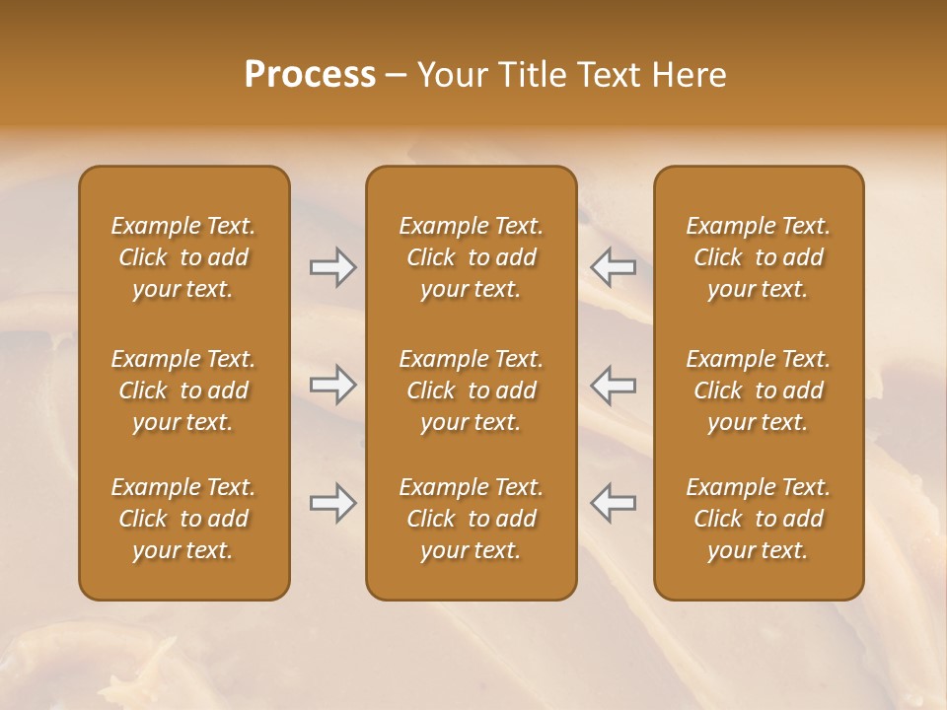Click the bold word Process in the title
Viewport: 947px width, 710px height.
point(310,75)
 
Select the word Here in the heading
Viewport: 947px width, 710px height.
point(691,75)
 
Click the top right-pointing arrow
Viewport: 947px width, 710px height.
point(333,267)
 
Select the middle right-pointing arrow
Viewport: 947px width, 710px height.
point(333,385)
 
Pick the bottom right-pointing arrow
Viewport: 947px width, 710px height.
point(333,503)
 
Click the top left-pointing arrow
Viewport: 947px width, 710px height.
point(613,267)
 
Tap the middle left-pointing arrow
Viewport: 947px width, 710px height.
point(613,385)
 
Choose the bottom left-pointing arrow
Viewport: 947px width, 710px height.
point(613,503)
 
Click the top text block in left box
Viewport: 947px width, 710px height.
point(183,257)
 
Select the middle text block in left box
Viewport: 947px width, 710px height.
point(183,390)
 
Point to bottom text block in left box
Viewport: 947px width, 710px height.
point(183,519)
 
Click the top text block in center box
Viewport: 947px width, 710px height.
point(471,257)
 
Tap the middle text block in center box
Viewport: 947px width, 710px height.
point(471,390)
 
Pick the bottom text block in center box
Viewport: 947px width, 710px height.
point(471,519)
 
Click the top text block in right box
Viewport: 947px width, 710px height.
point(758,257)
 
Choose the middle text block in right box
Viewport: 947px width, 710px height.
point(758,390)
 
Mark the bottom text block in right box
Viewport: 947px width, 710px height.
point(758,519)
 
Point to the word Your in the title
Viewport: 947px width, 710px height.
point(451,75)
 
